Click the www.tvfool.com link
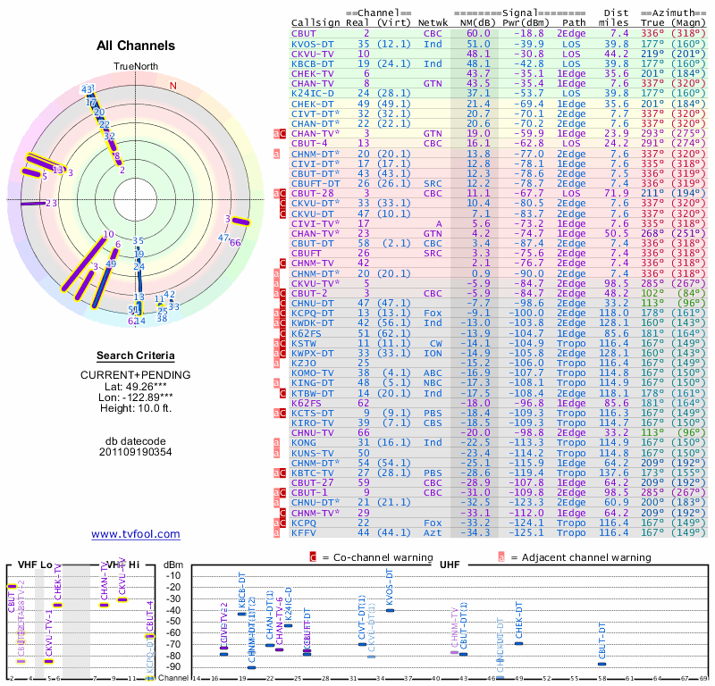[x=136, y=534]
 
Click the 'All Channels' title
[x=136, y=46]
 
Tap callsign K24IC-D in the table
[x=313, y=92]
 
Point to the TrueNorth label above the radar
[x=135, y=68]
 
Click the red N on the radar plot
[x=173, y=86]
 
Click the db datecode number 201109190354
[x=136, y=451]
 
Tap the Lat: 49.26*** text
[x=136, y=387]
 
